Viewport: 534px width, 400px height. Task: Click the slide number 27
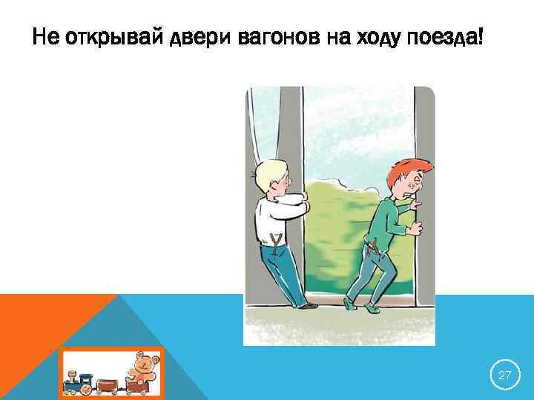(504, 376)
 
